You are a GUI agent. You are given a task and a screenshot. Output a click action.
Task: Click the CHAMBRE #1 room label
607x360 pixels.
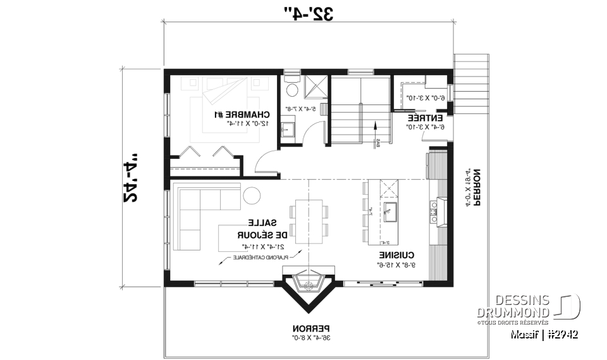pos(243,115)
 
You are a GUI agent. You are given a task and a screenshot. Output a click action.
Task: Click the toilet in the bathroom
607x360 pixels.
pos(291,80)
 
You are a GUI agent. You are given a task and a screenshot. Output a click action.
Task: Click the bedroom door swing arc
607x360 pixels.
pos(266,164)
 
